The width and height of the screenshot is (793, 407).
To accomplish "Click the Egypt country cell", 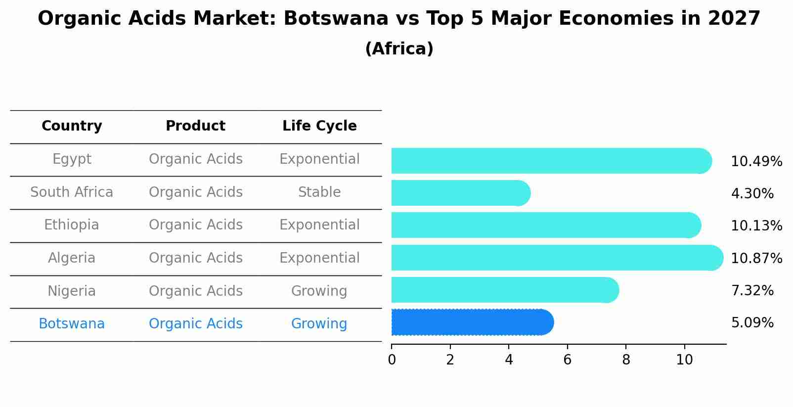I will (x=72, y=159).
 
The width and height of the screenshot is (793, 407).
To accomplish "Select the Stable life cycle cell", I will (x=319, y=192).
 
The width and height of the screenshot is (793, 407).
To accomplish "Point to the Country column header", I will (x=72, y=126).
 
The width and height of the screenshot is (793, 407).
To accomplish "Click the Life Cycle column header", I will (x=319, y=126).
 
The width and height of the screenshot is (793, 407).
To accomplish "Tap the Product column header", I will (x=195, y=126).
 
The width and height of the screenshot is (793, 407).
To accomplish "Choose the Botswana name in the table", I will (x=72, y=324).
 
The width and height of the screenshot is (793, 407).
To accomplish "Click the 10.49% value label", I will (x=756, y=162).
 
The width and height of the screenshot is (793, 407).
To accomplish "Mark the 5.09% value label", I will (x=752, y=323).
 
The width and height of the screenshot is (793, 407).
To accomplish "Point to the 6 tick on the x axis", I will (x=567, y=360).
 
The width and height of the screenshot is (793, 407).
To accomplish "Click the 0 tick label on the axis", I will (x=392, y=360).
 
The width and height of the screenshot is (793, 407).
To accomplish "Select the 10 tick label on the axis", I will (x=684, y=360).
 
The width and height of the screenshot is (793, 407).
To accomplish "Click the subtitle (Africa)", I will (x=399, y=49).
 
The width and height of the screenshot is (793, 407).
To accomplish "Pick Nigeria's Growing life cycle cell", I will (x=319, y=291).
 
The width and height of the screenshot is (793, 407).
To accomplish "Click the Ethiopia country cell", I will (x=72, y=225).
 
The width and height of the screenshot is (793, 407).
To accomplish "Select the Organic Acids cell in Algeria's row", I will (x=195, y=258).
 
